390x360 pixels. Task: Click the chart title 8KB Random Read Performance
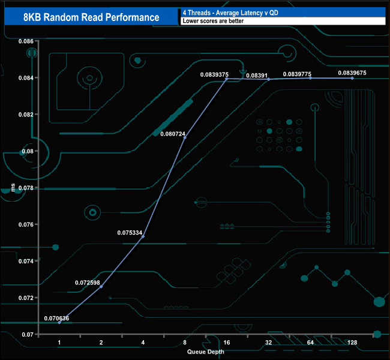(x=91, y=17)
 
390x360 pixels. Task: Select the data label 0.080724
(x=173, y=134)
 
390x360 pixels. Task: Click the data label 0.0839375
(x=214, y=75)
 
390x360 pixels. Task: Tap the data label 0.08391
(x=256, y=75)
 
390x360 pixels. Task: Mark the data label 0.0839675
(x=352, y=73)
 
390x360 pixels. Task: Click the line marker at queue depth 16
(x=226, y=79)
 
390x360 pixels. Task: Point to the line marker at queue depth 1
(x=59, y=322)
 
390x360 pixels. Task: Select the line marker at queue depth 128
(x=352, y=78)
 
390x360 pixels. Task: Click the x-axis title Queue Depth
(x=205, y=352)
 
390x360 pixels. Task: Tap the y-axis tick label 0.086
(x=25, y=41)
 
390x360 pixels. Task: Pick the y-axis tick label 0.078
(x=25, y=188)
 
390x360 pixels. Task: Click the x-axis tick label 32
(x=268, y=343)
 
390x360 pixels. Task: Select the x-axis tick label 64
(x=310, y=343)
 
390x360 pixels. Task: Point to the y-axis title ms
(x=13, y=188)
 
